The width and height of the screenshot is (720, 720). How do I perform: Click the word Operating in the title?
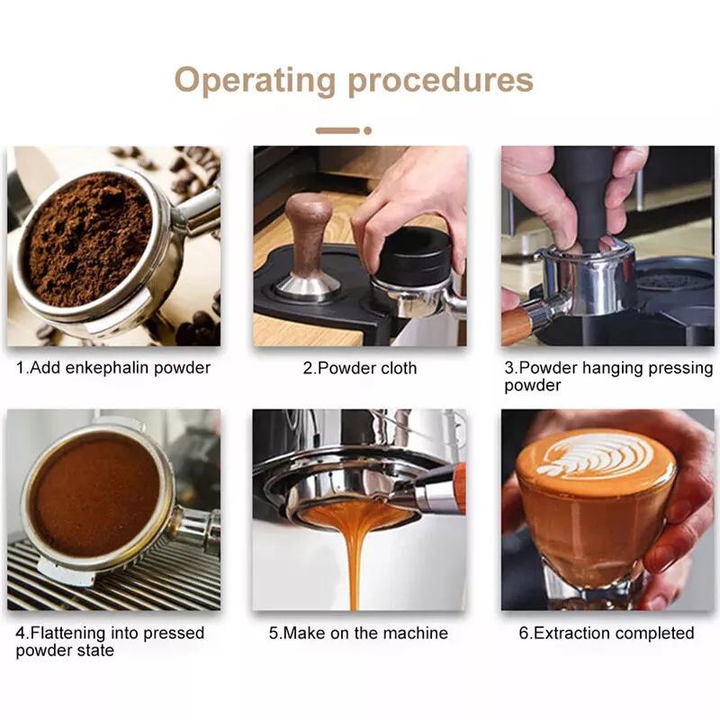click(x=255, y=79)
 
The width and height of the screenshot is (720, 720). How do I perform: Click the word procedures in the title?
click(x=441, y=79)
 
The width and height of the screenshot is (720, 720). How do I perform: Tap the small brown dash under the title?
click(x=337, y=130)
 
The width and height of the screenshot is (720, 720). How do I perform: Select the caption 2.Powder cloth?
click(x=359, y=368)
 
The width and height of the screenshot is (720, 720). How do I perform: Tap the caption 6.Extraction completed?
click(x=606, y=634)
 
